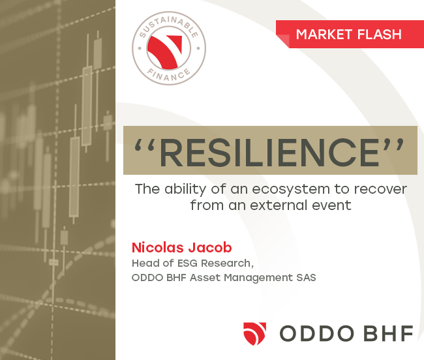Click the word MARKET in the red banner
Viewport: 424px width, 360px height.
pyautogui.click(x=324, y=35)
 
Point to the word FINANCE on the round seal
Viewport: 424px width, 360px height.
pyautogui.click(x=169, y=75)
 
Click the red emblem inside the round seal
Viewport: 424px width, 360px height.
pyautogui.click(x=165, y=52)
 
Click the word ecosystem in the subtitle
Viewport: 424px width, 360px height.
pyautogui.click(x=291, y=190)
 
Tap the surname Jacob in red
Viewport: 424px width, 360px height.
pyautogui.click(x=210, y=248)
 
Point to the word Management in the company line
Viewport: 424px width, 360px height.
pyautogui.click(x=258, y=278)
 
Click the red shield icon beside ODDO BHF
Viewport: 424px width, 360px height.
pyautogui.click(x=254, y=333)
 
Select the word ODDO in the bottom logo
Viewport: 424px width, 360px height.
pyautogui.click(x=316, y=333)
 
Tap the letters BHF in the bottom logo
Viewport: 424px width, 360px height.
pyautogui.click(x=388, y=333)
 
